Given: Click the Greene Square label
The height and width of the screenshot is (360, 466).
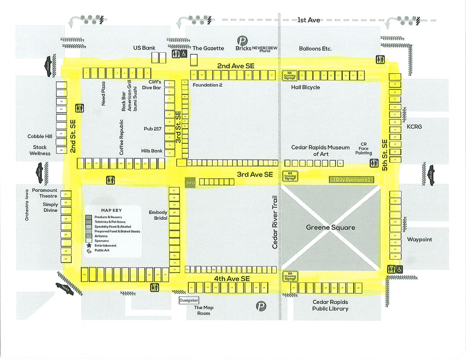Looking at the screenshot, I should coord(330,228).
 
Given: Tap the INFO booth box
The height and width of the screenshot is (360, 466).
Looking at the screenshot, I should coord(190,183).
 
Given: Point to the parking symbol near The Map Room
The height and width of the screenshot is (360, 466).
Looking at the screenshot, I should coord(261,306).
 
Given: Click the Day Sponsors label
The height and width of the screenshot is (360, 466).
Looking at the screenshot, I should coord(352,180).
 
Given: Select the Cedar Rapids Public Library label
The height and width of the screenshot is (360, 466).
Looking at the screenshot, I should coord(330,305).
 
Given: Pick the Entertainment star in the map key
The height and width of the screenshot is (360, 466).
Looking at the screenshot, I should coord(89,245).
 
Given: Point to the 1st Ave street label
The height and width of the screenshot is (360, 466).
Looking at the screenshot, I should coord(309,20).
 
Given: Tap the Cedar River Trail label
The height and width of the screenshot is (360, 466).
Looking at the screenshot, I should coord(275,222).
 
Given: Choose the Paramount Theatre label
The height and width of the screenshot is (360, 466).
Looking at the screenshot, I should coord(45,193).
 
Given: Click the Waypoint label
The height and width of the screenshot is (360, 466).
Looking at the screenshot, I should coord(419,240).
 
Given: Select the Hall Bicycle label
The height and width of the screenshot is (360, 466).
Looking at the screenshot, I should coord(306,87).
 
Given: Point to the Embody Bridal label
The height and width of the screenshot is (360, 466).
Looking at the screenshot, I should coord(158,215).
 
